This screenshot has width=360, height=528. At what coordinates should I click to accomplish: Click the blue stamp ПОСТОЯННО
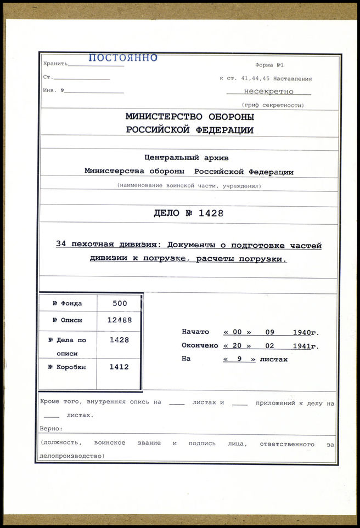[123, 58]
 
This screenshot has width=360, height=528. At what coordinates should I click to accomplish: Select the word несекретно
[268, 92]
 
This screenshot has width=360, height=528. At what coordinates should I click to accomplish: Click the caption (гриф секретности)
[273, 105]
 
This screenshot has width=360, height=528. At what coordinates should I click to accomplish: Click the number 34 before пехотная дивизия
[61, 245]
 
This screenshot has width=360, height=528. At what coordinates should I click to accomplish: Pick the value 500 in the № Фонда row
[119, 303]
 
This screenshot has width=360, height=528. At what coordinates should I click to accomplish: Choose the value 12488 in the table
[119, 320]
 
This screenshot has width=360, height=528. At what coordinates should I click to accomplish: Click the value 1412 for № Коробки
[119, 367]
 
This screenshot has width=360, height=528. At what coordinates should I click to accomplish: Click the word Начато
[195, 332]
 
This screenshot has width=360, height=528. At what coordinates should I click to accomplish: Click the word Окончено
[200, 346]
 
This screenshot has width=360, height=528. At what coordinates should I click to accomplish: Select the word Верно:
[52, 428]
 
